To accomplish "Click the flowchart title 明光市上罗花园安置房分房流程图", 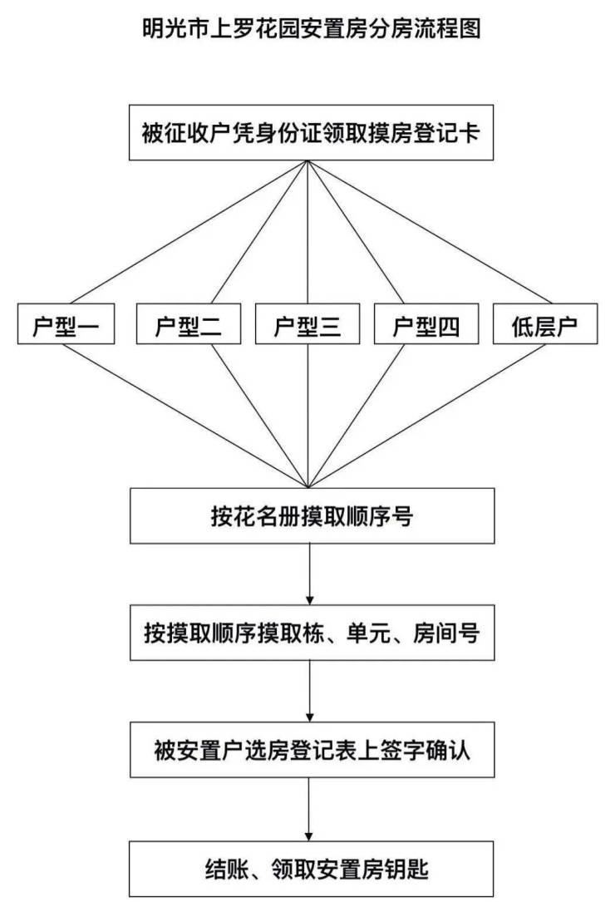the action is click(x=311, y=28).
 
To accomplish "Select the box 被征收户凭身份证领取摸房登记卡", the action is click(x=311, y=132).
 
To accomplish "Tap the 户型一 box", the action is click(x=66, y=324).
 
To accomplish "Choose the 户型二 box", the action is click(x=188, y=324).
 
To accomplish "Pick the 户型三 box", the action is click(x=307, y=324).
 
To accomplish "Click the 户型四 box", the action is click(x=426, y=324).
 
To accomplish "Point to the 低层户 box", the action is click(x=545, y=324).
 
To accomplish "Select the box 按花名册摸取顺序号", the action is click(x=312, y=516).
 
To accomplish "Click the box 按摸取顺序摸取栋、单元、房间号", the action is click(x=312, y=632).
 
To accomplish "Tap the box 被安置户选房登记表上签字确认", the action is click(x=312, y=750).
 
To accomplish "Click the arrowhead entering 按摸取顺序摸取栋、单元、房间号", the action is click(x=310, y=600).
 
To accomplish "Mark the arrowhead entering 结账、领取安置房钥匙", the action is click(x=309, y=836).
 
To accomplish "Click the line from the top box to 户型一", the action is click(x=187, y=232).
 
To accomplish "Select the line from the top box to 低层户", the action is click(x=430, y=232).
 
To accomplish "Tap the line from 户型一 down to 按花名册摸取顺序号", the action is click(x=187, y=416).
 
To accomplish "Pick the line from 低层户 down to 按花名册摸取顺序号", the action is click(x=427, y=416).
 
